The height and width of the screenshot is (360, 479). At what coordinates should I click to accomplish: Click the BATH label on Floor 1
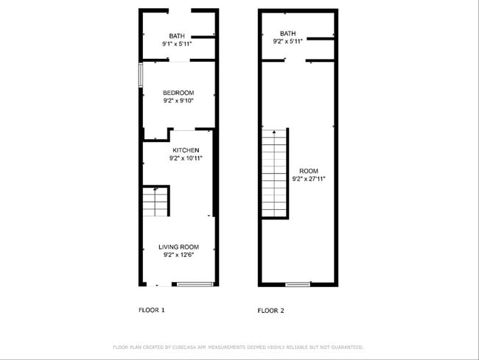point(177,36)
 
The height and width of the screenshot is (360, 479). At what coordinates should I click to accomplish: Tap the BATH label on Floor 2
point(287,33)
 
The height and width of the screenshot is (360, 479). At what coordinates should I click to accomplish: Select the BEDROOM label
point(178,93)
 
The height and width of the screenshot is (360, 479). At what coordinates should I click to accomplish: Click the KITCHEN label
point(185,150)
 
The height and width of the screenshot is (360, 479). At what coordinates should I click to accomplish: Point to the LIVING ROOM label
point(178,247)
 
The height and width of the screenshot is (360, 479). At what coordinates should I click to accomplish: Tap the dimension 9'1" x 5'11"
point(177,44)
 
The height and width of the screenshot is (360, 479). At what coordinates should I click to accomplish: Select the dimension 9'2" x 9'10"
point(178,101)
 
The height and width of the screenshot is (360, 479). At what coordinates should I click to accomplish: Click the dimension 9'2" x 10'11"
point(185,158)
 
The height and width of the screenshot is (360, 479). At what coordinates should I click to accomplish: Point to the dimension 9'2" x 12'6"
point(178,255)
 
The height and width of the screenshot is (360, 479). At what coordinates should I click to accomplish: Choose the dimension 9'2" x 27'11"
point(308,178)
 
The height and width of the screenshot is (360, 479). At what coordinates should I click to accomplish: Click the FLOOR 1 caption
point(152,310)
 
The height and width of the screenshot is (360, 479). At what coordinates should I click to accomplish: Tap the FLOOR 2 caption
point(270,311)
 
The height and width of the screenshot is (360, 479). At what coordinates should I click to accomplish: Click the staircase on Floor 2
point(274,174)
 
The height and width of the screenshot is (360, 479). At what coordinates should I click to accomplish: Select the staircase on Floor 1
point(155,201)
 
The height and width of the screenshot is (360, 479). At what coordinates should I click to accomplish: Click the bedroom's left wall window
point(141,76)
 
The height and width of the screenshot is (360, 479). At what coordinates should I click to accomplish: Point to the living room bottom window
point(195,284)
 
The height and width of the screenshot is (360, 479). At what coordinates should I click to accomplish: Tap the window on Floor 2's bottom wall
point(298,284)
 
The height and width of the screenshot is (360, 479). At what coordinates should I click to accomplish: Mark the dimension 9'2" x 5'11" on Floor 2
point(287,41)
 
